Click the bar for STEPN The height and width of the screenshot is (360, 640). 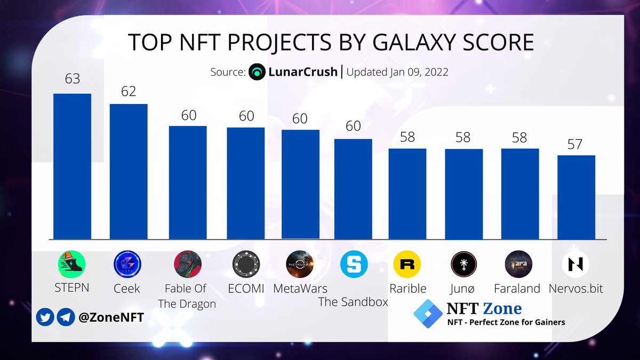click(x=72, y=166)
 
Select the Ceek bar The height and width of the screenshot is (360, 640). click(x=129, y=171)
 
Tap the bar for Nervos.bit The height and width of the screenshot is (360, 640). click(x=576, y=197)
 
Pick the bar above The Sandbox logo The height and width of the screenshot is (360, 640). click(x=353, y=189)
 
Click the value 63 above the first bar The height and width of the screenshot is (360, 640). click(x=72, y=79)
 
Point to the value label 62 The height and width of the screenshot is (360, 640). click(x=129, y=91)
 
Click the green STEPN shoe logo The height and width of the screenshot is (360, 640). click(x=72, y=263)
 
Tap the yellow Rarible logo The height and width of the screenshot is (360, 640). click(x=407, y=263)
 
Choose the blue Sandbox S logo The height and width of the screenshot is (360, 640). click(x=354, y=263)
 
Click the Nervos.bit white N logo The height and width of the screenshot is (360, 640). click(x=576, y=263)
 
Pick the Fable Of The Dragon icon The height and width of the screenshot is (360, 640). click(x=188, y=263)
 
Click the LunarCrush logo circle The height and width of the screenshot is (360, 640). click(x=257, y=71)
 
